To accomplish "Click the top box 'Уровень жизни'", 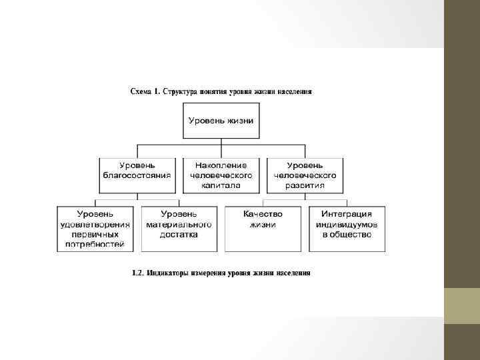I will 221,121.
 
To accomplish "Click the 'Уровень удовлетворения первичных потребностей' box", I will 95,229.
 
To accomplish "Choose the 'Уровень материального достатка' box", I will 179,229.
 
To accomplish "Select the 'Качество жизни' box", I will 263,229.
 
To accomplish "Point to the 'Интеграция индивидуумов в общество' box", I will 347,229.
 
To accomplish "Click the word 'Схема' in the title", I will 141,91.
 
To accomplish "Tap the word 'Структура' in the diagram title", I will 181,91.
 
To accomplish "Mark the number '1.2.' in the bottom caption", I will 138,273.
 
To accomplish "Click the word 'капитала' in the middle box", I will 221,186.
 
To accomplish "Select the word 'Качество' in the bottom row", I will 263,214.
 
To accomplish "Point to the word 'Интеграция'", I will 347,214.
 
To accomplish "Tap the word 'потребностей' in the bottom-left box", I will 95,245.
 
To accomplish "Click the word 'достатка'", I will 179,235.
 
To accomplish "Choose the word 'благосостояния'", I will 137,175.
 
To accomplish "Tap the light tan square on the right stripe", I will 461,306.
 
